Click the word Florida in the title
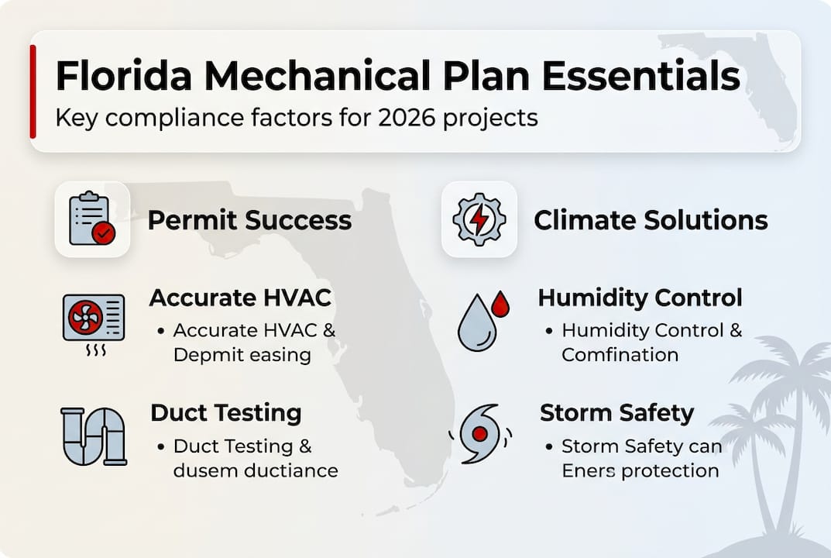pos(125,77)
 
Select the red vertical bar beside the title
pos(33,91)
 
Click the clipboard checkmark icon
pos(92,219)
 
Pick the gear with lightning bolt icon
pos(479,219)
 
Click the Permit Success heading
pos(249,220)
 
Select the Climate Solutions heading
pos(651,220)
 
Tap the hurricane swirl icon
pos(479,433)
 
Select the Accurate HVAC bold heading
pos(240,298)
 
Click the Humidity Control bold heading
pos(640,298)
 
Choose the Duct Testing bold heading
pos(225,412)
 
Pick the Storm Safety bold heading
pos(616,412)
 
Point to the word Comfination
pos(620,355)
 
